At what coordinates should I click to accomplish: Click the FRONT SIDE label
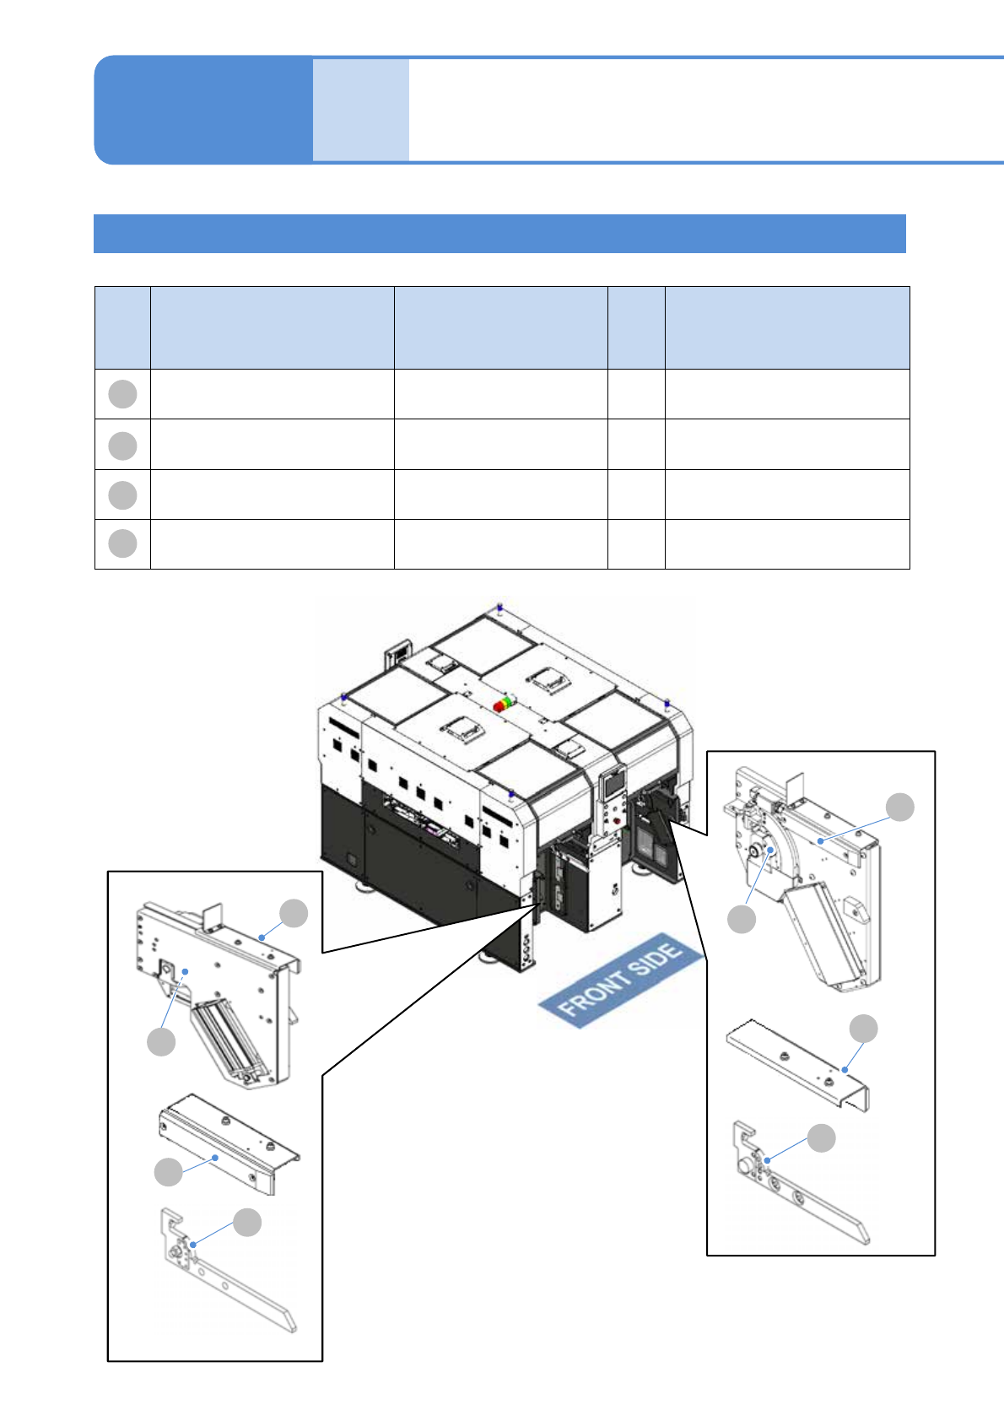620,980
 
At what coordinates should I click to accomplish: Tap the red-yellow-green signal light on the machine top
502,704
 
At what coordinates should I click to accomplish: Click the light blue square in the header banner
361,110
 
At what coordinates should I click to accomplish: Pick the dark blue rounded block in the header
203,110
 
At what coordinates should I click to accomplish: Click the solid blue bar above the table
499,234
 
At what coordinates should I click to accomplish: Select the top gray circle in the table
122,394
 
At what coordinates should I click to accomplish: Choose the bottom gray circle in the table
122,543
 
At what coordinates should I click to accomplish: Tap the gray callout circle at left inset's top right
294,914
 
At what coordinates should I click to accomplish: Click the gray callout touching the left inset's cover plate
169,1172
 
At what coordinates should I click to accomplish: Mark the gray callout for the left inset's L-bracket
247,1223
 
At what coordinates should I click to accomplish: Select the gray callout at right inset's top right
900,807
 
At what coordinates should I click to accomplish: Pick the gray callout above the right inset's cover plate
863,1029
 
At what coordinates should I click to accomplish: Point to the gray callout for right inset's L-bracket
821,1138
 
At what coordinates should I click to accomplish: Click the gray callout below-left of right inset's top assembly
742,919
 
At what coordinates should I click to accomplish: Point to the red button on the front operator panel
617,821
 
